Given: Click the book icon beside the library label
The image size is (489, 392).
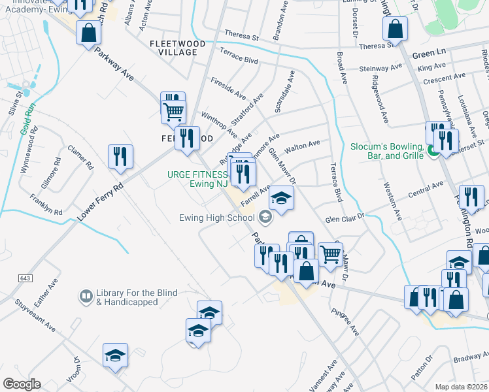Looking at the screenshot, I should [86, 297].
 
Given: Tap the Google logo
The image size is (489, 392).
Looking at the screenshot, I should [22, 384].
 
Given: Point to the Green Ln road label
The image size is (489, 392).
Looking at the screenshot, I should [428, 55].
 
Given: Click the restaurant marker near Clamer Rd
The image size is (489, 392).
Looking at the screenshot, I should [120, 157].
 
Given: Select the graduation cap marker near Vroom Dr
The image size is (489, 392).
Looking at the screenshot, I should [115, 355].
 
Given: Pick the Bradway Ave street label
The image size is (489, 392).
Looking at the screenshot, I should [468, 356].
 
